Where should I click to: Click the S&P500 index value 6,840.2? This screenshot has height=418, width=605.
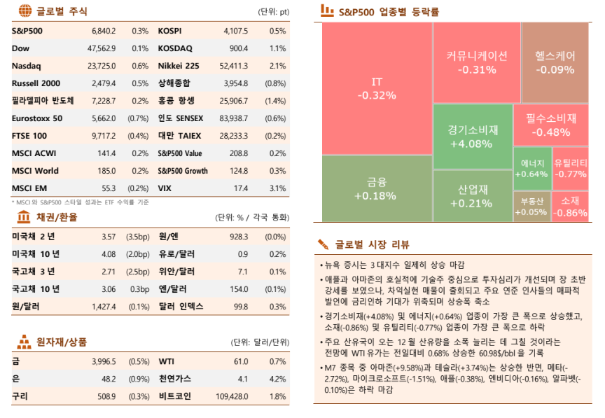[x=103, y=32]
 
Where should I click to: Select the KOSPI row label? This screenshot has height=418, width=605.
[x=169, y=32]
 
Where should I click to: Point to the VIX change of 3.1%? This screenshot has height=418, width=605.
[x=277, y=188]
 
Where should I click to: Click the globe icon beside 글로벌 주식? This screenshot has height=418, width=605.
[x=25, y=11]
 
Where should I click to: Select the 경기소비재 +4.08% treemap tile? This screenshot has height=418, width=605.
[x=473, y=137]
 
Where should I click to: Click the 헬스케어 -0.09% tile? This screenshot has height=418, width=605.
[x=555, y=62]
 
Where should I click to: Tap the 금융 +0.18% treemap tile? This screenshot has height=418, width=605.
[x=377, y=188]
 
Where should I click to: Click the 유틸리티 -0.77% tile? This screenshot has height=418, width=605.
[x=570, y=168]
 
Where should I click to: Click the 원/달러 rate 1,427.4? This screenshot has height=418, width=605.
[x=104, y=306]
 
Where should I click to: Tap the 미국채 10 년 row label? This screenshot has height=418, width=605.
[x=36, y=253]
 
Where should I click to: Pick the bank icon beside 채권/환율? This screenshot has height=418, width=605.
[x=23, y=217]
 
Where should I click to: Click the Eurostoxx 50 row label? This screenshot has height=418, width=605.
[x=37, y=118]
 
